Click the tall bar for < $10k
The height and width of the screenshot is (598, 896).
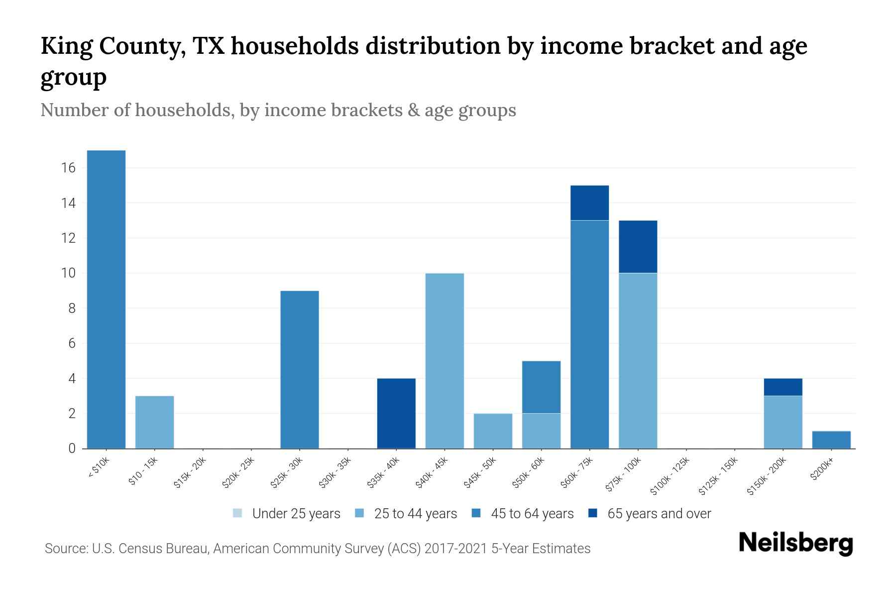click(x=106, y=299)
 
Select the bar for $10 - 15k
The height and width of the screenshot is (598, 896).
click(x=154, y=422)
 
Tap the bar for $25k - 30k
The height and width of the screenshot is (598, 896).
click(x=300, y=369)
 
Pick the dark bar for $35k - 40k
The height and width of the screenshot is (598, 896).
click(x=396, y=413)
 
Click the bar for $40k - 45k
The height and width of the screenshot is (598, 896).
click(x=445, y=361)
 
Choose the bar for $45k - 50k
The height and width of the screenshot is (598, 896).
click(x=493, y=431)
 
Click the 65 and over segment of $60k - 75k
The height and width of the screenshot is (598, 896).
click(x=589, y=203)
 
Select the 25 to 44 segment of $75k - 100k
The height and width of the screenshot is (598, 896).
click(x=638, y=361)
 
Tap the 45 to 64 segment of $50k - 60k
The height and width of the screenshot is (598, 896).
click(x=541, y=387)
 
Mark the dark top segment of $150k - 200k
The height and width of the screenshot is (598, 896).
click(x=783, y=387)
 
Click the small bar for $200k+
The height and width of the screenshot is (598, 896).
click(x=831, y=440)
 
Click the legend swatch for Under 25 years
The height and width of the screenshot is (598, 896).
click(x=237, y=513)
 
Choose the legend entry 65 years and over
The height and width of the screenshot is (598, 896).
click(x=659, y=514)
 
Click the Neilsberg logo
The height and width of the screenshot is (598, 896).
click(x=795, y=543)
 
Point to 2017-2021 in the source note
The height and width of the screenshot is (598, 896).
click(x=456, y=549)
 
